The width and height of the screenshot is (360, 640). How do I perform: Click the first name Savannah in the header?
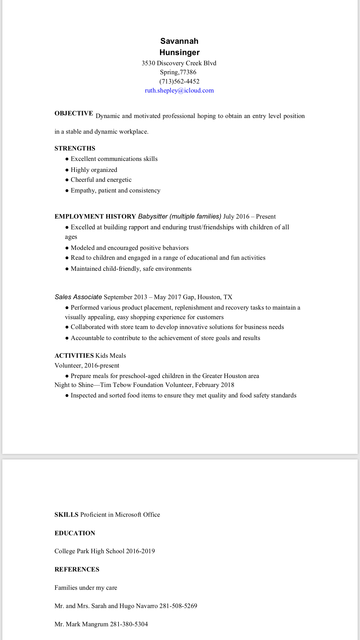[179, 41]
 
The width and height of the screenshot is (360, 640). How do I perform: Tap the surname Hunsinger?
[179, 52]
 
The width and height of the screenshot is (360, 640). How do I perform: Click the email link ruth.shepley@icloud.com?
[179, 90]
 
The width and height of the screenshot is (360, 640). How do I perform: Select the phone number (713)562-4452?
[179, 81]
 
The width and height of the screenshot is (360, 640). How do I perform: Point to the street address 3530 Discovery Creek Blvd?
[179, 63]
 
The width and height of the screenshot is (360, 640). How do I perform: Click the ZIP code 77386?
[188, 72]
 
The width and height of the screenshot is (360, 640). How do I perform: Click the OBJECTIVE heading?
[74, 113]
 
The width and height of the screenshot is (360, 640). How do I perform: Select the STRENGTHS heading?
[75, 148]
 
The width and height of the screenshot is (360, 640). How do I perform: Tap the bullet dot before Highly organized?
[67, 170]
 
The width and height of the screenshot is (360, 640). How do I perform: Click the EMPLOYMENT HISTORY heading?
[95, 217]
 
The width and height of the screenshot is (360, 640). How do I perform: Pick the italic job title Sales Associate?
[78, 297]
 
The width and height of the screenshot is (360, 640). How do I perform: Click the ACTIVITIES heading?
[74, 356]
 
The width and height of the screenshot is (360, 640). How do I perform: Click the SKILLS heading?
[66, 514]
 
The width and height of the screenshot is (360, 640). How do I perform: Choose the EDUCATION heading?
[75, 533]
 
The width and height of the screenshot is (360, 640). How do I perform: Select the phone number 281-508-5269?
[178, 606]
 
